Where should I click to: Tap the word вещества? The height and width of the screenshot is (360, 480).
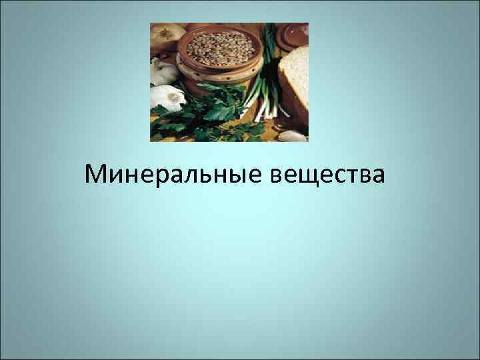[x=329, y=175]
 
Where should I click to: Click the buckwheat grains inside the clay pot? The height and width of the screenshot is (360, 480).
[x=221, y=46]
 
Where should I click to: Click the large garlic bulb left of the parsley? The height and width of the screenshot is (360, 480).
[x=167, y=97]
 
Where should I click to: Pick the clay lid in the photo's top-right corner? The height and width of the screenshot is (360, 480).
[x=293, y=37]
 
